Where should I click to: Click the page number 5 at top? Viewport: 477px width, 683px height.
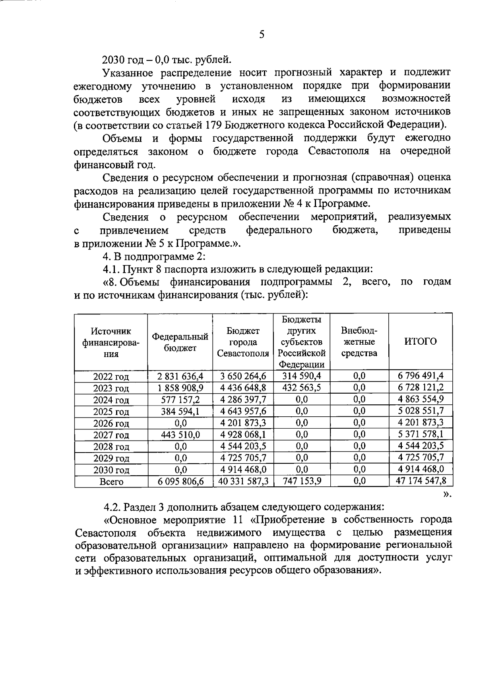tap(261, 34)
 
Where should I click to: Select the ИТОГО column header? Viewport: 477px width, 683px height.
tap(420, 341)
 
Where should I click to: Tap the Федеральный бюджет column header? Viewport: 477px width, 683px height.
tap(180, 342)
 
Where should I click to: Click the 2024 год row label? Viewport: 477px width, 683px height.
tap(111, 400)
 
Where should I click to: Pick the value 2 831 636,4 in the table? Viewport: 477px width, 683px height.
tap(180, 376)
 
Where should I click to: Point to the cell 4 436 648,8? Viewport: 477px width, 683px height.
tap(242, 387)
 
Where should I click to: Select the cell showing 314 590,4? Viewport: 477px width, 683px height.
tap(301, 376)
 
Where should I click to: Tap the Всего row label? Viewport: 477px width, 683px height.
tap(111, 482)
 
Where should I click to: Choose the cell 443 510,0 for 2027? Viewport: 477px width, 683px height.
tap(180, 434)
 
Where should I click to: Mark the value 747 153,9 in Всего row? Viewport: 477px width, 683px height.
tap(301, 481)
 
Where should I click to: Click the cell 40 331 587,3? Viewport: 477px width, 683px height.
tap(242, 481)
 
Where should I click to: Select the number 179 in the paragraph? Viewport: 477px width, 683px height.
tap(214, 125)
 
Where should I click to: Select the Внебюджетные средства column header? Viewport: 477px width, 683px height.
tap(359, 341)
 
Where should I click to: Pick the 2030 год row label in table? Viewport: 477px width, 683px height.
tap(111, 470)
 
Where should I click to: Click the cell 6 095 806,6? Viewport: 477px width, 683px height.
tap(180, 481)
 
